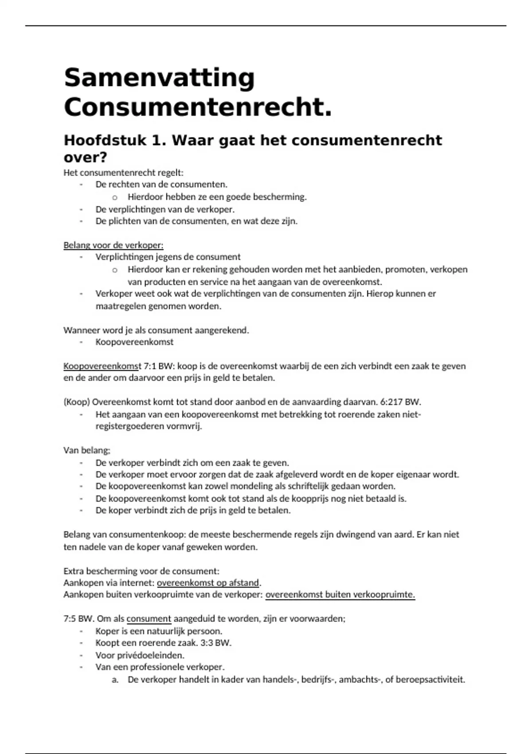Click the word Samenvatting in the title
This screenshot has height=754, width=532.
point(159,79)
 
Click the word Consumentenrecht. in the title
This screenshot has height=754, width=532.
point(198,108)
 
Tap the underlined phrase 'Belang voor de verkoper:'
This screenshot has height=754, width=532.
point(113,245)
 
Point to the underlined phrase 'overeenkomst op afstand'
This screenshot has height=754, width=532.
point(208,583)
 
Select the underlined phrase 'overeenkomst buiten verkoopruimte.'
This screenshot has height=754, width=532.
point(340,595)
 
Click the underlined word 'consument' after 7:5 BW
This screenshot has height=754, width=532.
point(149,619)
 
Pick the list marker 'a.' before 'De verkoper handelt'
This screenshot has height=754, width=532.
point(115,679)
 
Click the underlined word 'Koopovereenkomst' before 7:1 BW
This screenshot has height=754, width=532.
point(102,366)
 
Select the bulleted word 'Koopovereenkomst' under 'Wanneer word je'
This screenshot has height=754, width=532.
point(134,342)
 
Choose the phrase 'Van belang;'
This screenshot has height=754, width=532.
point(87,451)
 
